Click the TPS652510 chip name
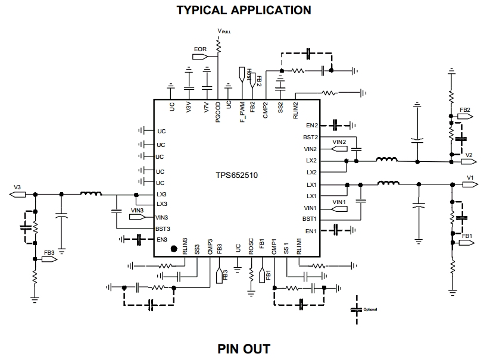click(236, 175)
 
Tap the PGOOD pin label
click(218, 112)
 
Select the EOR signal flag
click(200, 57)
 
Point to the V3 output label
click(17, 187)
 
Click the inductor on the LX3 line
click(90, 193)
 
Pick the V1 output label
click(470, 178)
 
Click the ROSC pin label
click(251, 247)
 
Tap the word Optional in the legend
click(370, 309)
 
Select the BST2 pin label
click(310, 137)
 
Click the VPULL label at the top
click(224, 31)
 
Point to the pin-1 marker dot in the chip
click(174, 249)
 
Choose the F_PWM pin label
click(242, 112)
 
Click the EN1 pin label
click(311, 231)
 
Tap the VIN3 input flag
click(137, 217)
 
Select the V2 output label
click(469, 155)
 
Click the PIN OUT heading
click(244, 349)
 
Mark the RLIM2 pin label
click(296, 110)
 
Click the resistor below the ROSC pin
click(251, 275)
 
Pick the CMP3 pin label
click(210, 247)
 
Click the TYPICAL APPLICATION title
click(244, 10)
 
